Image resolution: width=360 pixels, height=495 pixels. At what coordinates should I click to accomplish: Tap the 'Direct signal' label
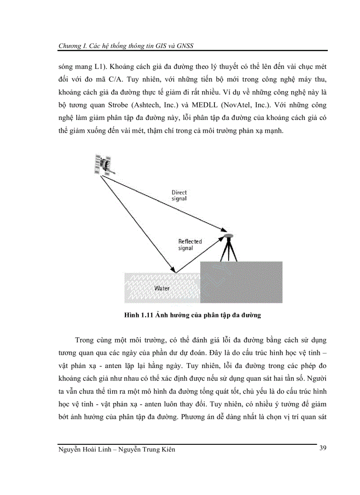(180, 195)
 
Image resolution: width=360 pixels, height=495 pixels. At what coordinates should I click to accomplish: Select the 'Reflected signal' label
(190, 245)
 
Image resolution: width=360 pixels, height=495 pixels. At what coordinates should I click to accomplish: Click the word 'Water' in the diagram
(161, 288)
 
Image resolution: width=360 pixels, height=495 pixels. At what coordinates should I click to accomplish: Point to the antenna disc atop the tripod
(229, 236)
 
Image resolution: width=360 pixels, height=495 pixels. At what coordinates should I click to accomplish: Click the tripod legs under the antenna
(229, 250)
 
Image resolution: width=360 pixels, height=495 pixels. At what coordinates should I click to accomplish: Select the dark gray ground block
(241, 282)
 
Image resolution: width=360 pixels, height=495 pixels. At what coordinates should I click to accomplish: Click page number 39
(322, 448)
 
